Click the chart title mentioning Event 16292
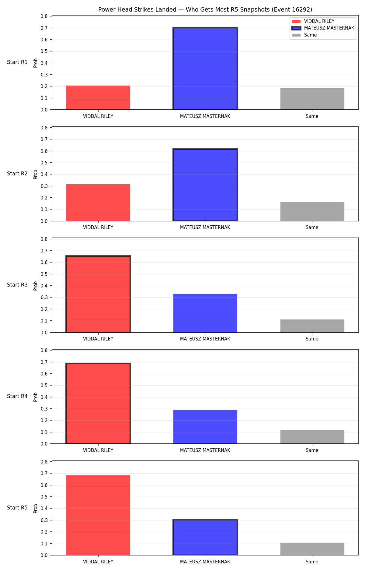pos(205,9)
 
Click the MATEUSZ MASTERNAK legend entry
pos(323,28)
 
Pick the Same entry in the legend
pos(304,35)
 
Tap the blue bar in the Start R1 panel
pos(205,69)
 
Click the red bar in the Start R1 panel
pos(98,97)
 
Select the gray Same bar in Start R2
pos(312,212)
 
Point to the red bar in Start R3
pos(98,294)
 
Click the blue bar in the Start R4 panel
pos(205,427)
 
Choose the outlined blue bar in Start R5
pos(205,538)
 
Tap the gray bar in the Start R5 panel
pos(312,549)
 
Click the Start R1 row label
pos(17,62)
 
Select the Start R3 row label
pos(17,285)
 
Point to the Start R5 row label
pos(17,508)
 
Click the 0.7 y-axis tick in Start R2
pos(44,139)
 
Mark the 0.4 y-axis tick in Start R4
pos(44,397)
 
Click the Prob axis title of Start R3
pos(36,286)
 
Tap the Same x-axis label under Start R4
pos(312,450)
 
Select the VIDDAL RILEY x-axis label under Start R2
pos(98,227)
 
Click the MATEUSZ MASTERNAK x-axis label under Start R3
pos(205,339)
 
